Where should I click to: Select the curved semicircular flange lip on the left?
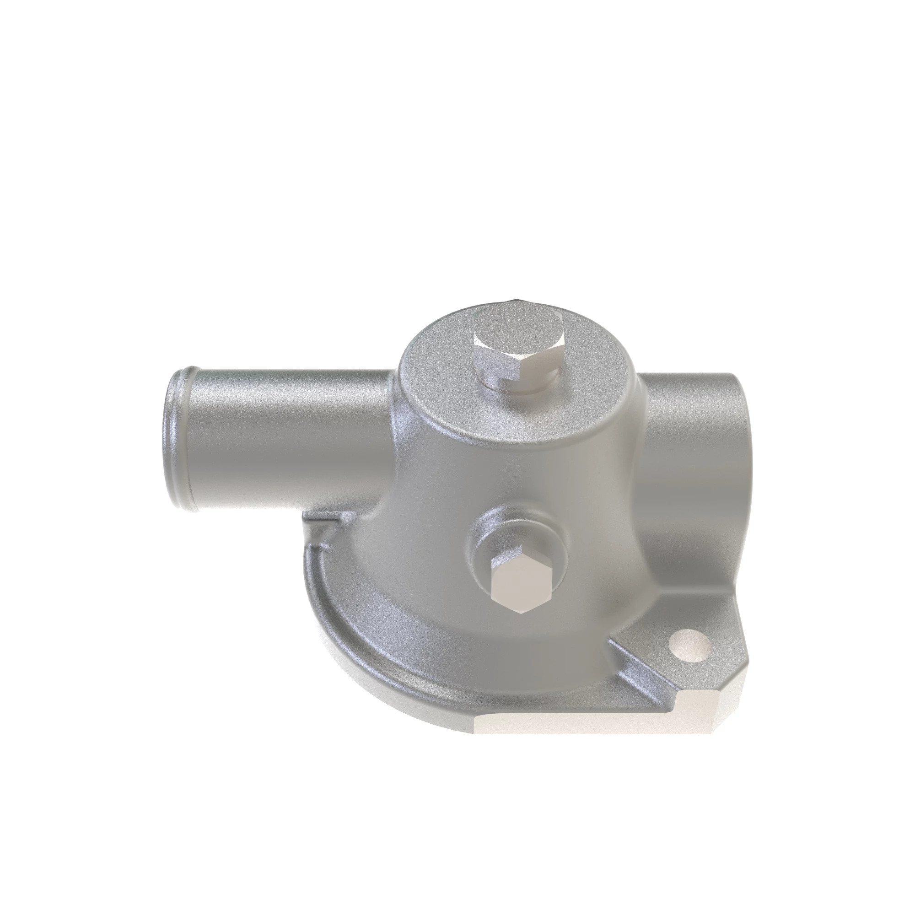coord(332,630)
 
